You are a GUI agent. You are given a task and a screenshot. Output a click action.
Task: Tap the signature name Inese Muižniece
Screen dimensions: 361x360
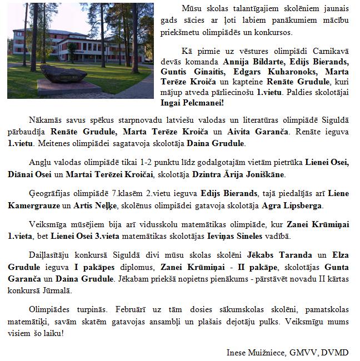(254, 352)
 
